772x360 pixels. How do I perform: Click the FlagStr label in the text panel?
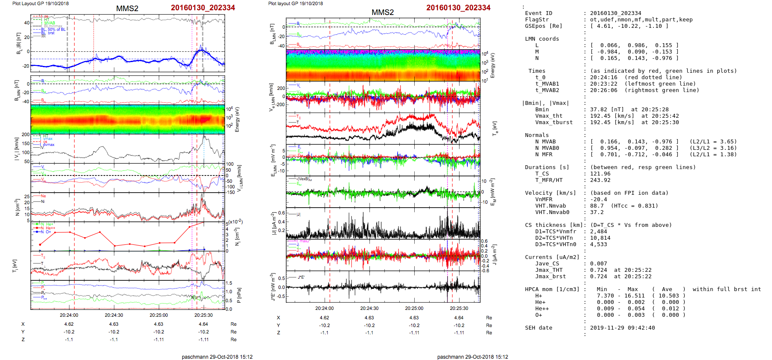tap(537, 20)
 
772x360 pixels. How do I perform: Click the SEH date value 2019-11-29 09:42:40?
tap(622, 328)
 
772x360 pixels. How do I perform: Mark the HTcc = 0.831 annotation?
tap(634, 206)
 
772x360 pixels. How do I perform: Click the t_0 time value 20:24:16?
tap(603, 77)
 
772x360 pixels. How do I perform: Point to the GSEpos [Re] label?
tap(543, 26)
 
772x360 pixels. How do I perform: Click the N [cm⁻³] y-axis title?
tap(17, 207)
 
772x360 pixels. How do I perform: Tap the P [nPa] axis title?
tap(239, 295)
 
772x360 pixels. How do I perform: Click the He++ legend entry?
tap(48, 228)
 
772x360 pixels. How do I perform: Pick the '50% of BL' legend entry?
tap(56, 29)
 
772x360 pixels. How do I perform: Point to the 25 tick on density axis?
tap(27, 196)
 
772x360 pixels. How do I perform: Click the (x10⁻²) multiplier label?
tap(235, 222)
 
